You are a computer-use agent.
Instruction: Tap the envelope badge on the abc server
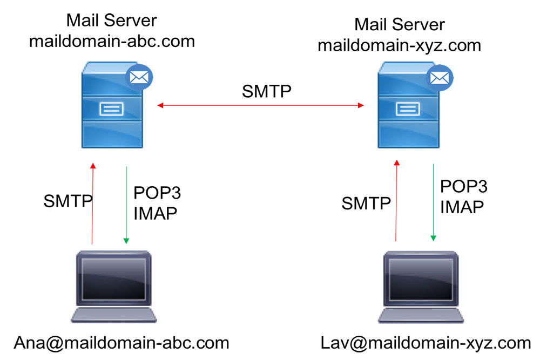tap(139, 77)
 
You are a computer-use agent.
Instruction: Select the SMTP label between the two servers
tap(267, 91)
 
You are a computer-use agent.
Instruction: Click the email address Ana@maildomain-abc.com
tap(122, 342)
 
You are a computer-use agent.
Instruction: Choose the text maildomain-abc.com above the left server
tap(111, 41)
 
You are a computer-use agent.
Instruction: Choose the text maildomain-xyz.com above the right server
tap(399, 45)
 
